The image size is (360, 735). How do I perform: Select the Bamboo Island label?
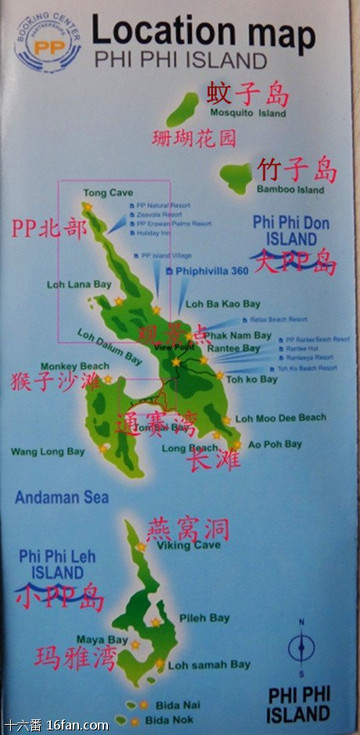coord(290,189)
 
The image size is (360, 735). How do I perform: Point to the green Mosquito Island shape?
coord(182,108)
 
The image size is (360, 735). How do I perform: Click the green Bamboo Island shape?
coord(236,179)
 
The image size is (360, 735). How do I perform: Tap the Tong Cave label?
coord(108,192)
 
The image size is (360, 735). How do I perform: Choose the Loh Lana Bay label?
coord(79,284)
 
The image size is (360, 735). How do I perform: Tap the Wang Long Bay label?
coord(47,452)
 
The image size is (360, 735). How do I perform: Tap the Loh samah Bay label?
coord(209,664)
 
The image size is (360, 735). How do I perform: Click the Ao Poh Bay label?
coord(274,443)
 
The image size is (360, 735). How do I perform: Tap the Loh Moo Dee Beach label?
coord(286,417)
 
